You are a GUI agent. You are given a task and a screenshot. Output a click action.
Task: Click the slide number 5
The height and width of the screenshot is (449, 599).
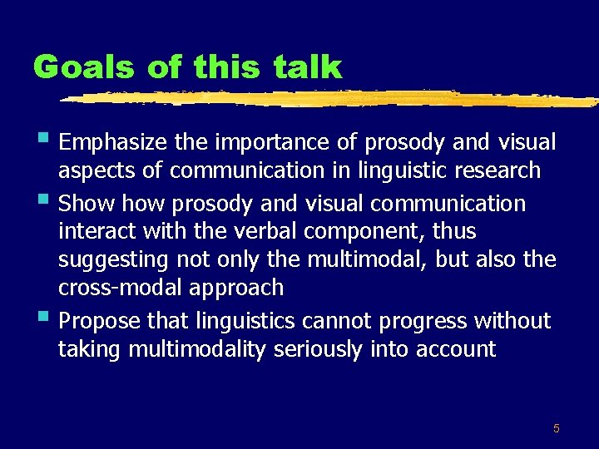pos(557,428)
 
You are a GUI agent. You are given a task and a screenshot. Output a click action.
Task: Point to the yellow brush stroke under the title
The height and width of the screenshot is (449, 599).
pos(333,98)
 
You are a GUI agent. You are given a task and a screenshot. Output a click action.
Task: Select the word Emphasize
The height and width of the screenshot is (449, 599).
pos(113,143)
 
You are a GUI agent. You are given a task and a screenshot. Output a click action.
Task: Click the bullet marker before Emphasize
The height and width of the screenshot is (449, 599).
pos(43,139)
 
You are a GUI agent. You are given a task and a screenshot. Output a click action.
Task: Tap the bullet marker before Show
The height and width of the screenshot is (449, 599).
pos(43,200)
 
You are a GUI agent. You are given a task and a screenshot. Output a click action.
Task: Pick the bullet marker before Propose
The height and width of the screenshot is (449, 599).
pos(43,318)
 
